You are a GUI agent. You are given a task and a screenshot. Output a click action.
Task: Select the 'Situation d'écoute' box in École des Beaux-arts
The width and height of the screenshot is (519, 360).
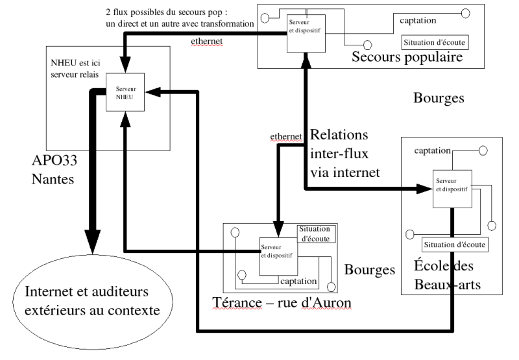point(455,245)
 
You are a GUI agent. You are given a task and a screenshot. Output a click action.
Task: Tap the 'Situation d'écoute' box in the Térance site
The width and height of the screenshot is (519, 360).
point(316,233)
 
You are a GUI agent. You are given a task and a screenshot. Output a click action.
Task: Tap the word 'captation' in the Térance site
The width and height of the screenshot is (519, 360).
point(298,282)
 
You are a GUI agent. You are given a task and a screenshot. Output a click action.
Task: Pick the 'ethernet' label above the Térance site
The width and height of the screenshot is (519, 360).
point(287,136)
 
